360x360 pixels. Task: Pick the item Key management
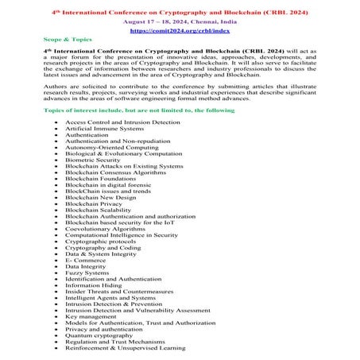[x=93, y=316]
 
